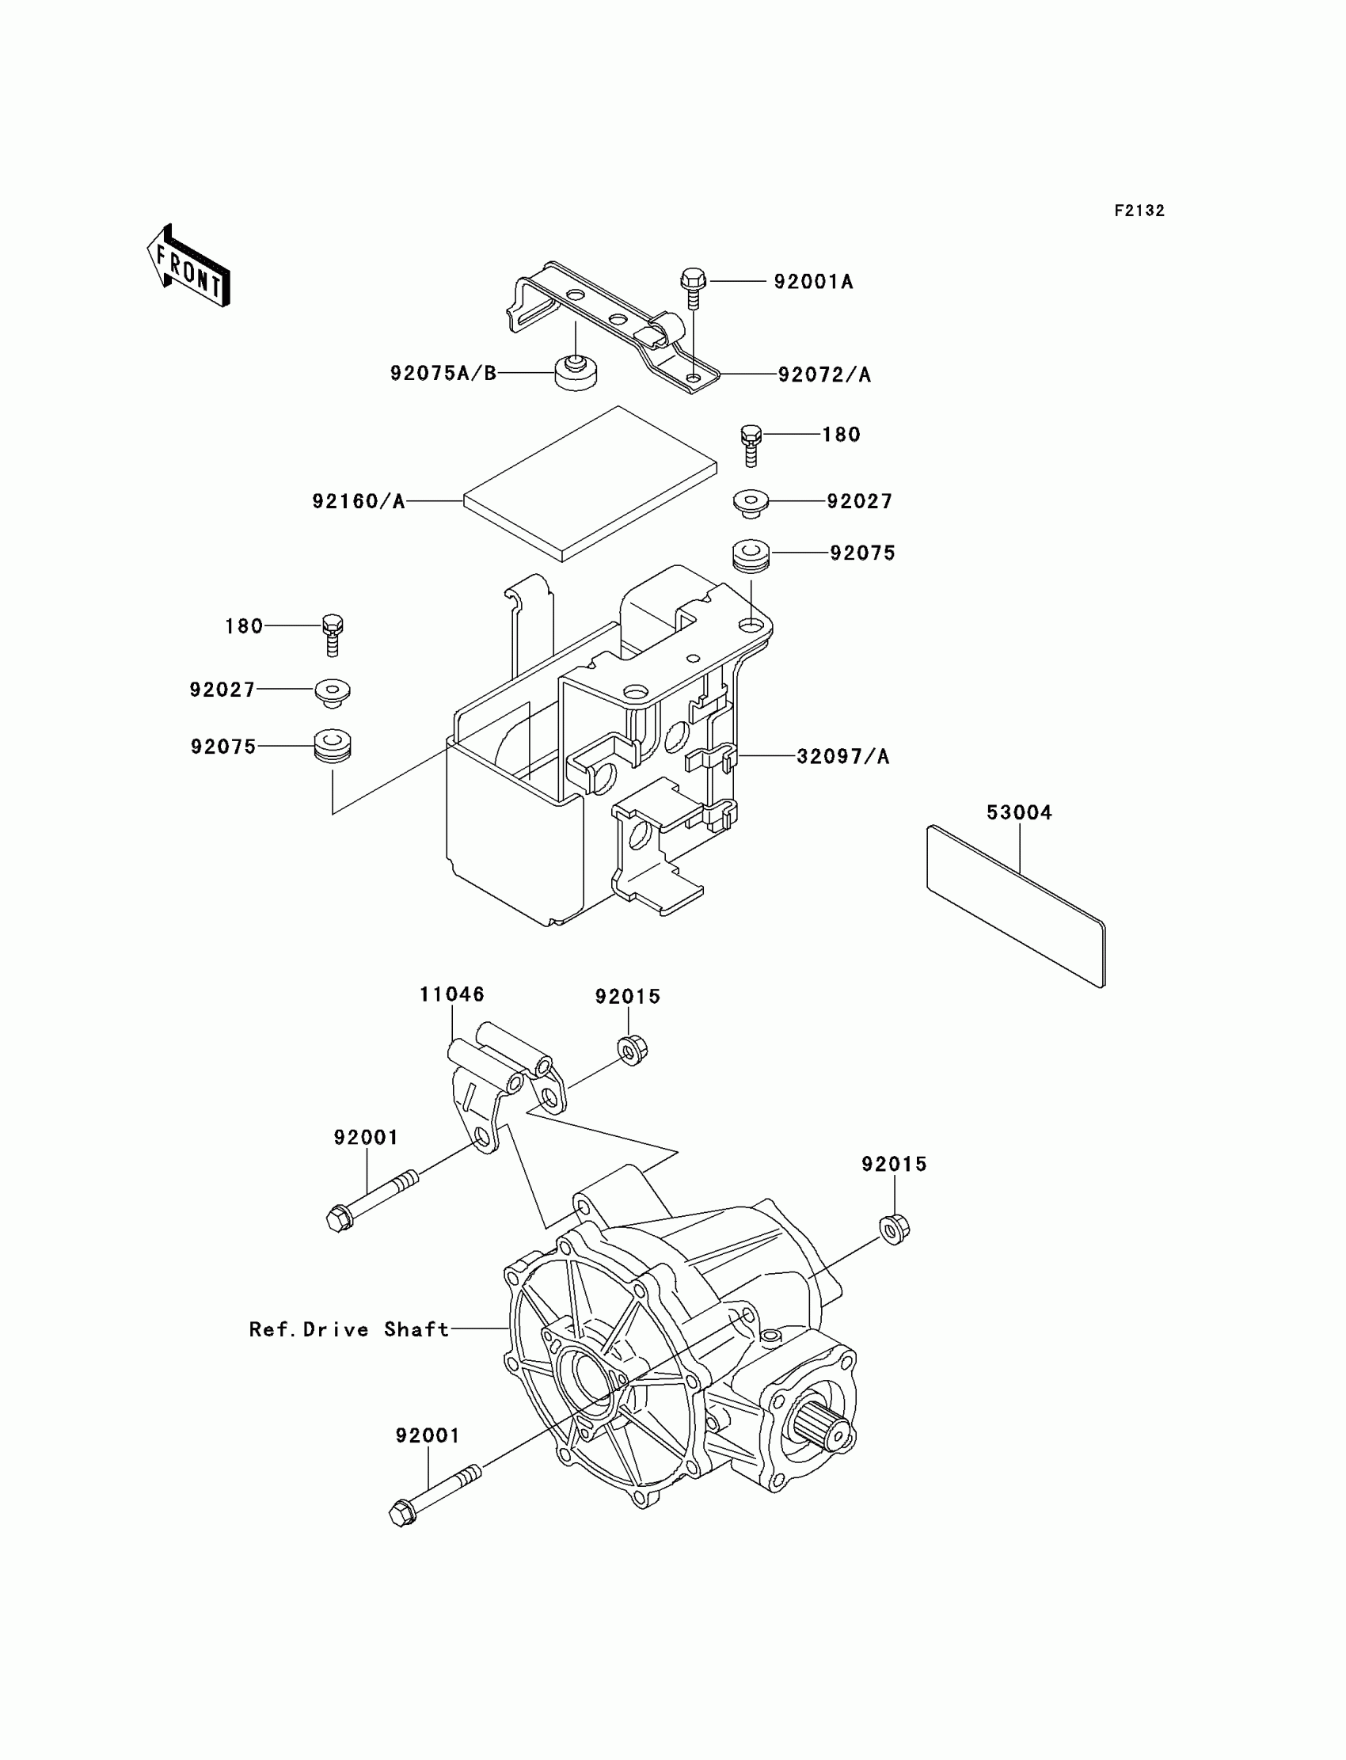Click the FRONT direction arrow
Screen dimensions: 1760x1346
(188, 266)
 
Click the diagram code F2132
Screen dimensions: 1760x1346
(1139, 211)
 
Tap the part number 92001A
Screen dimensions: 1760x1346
(813, 282)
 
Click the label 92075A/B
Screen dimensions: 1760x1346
(443, 374)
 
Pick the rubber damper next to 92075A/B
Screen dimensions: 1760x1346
(576, 371)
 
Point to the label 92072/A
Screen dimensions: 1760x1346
(824, 374)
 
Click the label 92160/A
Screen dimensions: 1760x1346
(358, 501)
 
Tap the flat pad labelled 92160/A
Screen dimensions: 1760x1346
(590, 483)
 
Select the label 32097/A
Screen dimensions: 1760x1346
(843, 756)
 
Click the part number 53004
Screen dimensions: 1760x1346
(1019, 812)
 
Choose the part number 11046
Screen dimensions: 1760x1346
(452, 994)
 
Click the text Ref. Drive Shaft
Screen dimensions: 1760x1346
(349, 1329)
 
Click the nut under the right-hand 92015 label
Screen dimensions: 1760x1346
(894, 1229)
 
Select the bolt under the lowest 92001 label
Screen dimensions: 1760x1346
(433, 1494)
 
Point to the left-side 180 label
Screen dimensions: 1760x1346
(244, 625)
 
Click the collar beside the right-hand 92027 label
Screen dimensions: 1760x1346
(751, 504)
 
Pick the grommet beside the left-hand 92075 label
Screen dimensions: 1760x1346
(333, 746)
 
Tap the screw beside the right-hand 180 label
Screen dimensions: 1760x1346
(750, 445)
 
